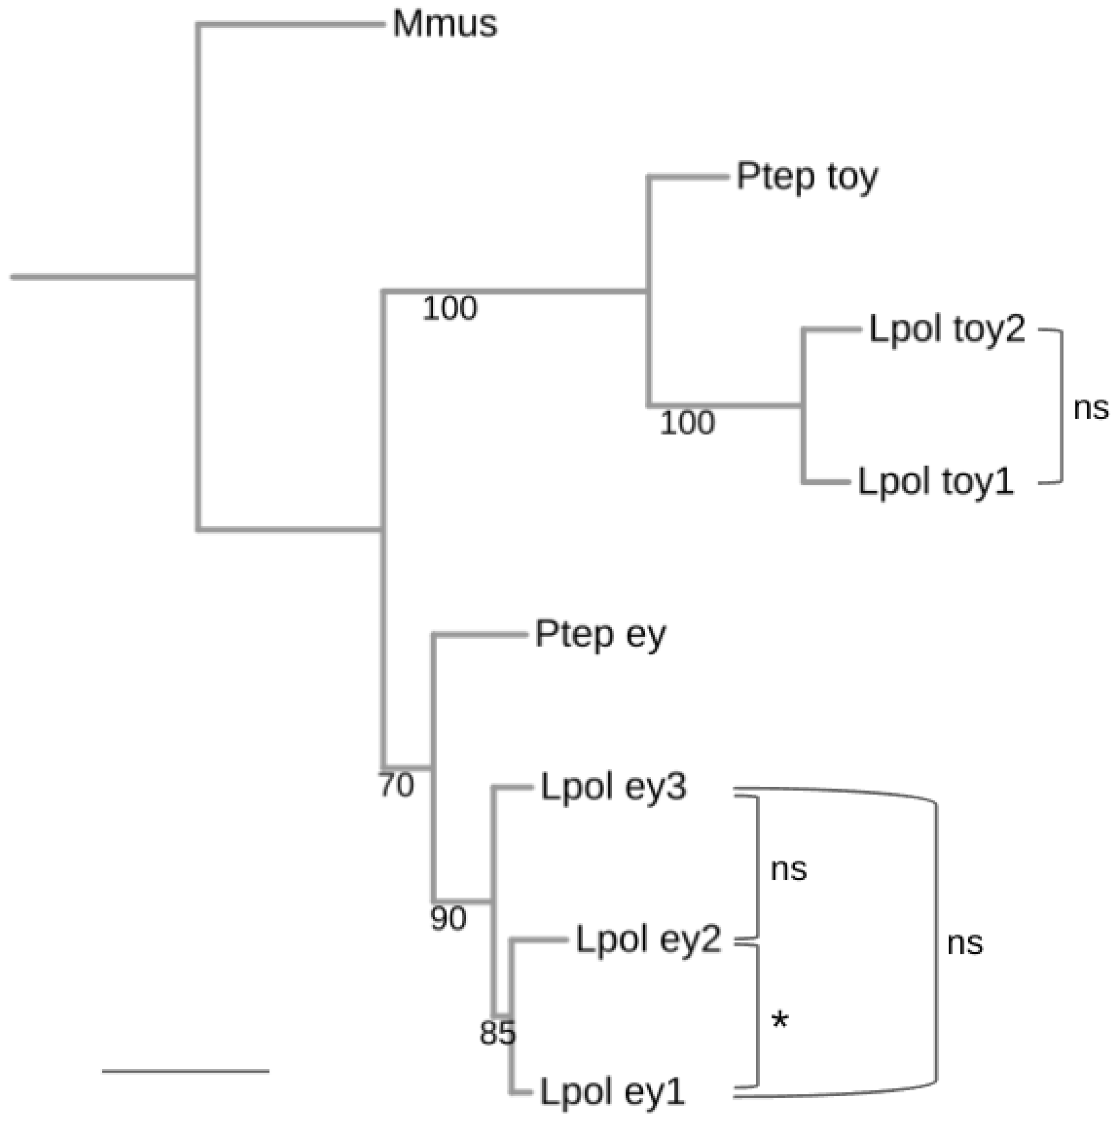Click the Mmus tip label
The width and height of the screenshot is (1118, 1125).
(x=445, y=25)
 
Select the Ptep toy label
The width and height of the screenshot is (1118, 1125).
(x=806, y=176)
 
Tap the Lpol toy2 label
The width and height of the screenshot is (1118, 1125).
(x=946, y=330)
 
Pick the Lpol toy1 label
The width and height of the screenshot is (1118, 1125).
(x=936, y=482)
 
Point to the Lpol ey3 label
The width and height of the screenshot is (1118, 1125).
(x=614, y=787)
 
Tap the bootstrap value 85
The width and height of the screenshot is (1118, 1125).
(x=497, y=1034)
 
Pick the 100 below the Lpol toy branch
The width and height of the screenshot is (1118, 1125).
(x=686, y=423)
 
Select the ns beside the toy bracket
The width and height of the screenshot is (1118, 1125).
(x=1091, y=409)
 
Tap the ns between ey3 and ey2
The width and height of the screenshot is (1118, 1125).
(x=788, y=869)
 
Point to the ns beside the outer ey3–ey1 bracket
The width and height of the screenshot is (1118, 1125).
(x=965, y=943)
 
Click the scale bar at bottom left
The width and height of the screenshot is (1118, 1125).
(x=185, y=1070)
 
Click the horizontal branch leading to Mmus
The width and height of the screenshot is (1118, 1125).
(x=291, y=25)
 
